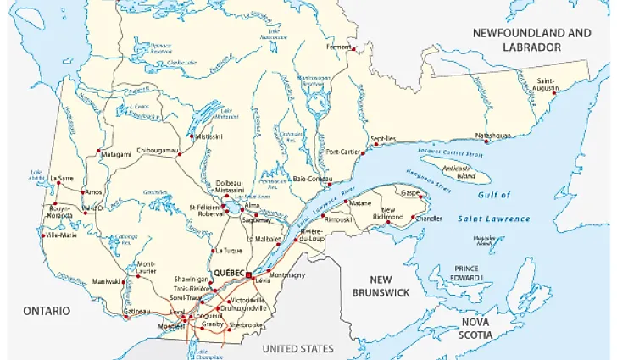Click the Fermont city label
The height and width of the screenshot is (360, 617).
click(x=338, y=47)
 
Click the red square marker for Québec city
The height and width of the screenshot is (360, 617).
click(x=247, y=275)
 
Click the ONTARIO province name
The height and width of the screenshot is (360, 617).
click(x=47, y=311)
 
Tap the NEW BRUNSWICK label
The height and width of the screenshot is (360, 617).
click(x=381, y=285)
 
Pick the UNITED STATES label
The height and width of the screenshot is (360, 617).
click(x=297, y=348)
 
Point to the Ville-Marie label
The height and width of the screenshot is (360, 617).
click(x=63, y=236)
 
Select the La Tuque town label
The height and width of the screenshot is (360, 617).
click(x=228, y=251)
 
